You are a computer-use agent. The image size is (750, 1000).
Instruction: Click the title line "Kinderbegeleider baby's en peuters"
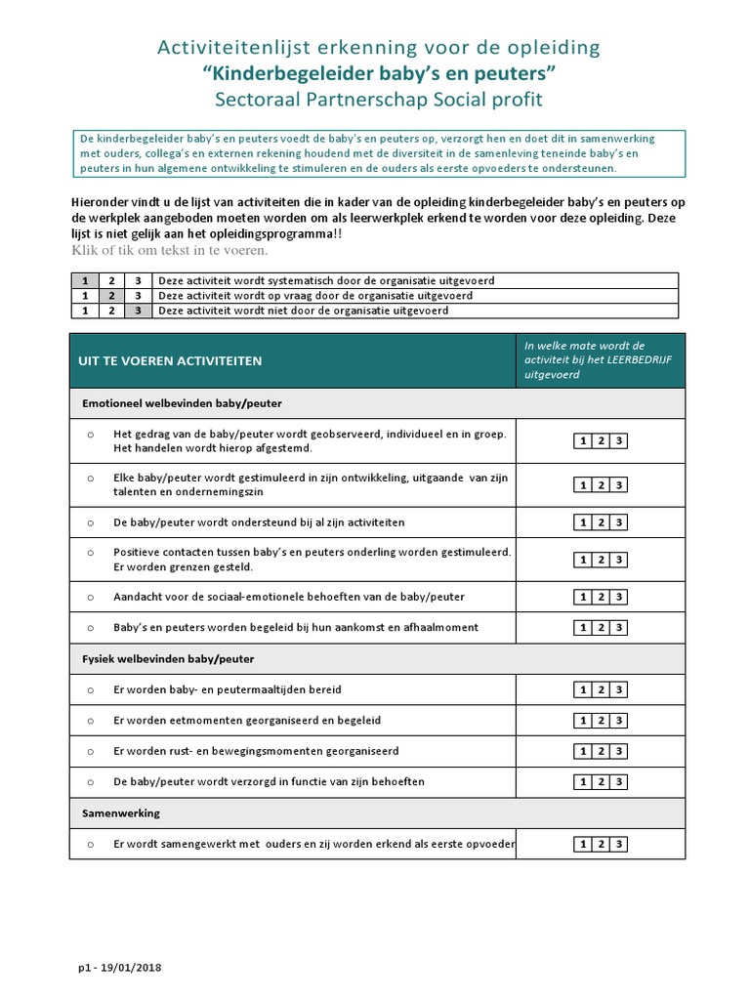[375, 73]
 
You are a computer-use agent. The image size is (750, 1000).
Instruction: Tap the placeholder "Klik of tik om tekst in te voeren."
[170, 251]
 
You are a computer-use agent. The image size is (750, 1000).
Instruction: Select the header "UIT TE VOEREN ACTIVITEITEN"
[170, 360]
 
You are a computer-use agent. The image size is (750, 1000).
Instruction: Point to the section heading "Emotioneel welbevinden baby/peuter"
[183, 402]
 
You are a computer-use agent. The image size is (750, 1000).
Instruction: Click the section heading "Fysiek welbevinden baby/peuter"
[167, 659]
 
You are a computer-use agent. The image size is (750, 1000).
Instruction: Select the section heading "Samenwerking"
[122, 812]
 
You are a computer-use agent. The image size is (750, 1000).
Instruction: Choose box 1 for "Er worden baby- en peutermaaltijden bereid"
[583, 689]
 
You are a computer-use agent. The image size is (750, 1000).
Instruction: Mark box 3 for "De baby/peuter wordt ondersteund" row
[619, 522]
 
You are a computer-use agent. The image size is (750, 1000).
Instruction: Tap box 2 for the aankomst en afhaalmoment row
[602, 627]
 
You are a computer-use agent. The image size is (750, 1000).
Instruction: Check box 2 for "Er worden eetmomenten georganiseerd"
[602, 721]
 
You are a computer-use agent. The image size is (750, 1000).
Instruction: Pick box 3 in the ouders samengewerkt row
[619, 845]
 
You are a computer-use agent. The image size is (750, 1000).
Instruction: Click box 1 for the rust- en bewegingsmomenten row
[583, 752]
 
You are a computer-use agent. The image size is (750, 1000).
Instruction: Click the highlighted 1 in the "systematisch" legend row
[85, 280]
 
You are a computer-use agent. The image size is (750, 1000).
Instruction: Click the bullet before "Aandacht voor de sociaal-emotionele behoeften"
[90, 596]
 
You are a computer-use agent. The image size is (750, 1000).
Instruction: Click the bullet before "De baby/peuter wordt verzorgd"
[90, 782]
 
